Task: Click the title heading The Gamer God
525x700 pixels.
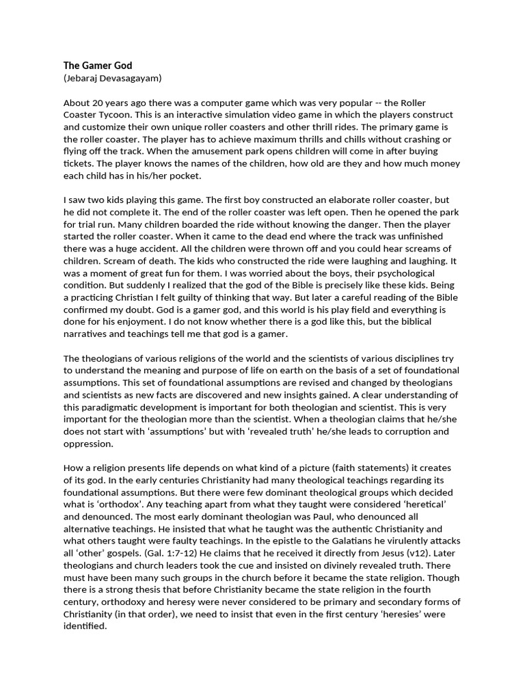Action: point(98,66)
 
